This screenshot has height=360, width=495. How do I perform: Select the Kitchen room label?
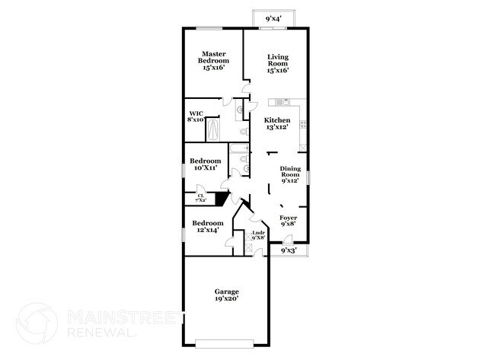[x=276, y=123]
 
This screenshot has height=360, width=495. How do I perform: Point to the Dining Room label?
[x=290, y=174]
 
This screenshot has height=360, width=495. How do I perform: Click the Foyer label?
[x=289, y=221]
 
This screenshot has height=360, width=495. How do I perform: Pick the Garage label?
[x=226, y=295]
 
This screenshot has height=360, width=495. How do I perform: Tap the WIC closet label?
[x=196, y=116]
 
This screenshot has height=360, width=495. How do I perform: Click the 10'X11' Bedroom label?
[x=205, y=164]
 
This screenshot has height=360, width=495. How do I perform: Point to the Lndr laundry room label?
[x=257, y=235]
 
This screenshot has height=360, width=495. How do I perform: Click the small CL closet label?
[x=200, y=198]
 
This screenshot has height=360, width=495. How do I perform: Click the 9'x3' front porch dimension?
[x=289, y=250]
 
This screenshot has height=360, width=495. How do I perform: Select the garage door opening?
[x=226, y=341]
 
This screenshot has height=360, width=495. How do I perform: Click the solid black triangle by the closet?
[x=222, y=199]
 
